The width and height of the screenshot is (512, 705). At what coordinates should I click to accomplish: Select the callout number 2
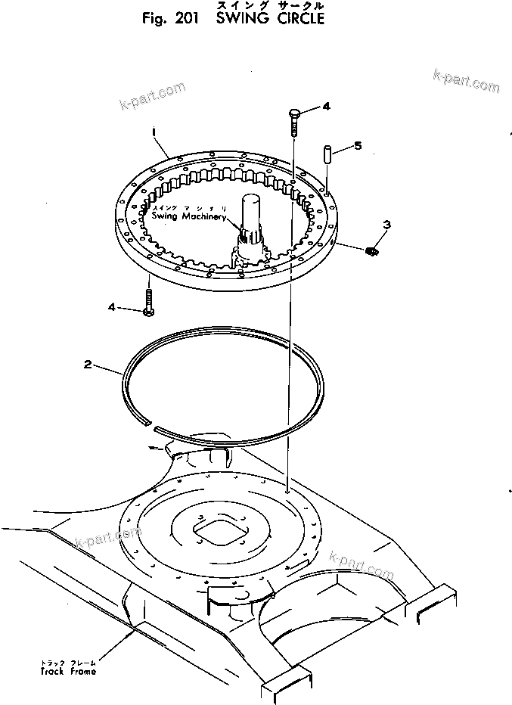click(x=88, y=365)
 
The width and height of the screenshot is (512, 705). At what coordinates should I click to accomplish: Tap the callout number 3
click(x=386, y=224)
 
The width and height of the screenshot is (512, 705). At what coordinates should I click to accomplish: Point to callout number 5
click(x=358, y=144)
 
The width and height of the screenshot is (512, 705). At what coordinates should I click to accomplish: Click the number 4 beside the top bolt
click(x=326, y=107)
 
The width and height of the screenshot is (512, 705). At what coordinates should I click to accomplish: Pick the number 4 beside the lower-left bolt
click(x=112, y=307)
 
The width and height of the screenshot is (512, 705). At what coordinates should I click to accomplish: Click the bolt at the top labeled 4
click(x=293, y=121)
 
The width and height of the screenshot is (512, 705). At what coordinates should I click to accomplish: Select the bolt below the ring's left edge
click(x=149, y=302)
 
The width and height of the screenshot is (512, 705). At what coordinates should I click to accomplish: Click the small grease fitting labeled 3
click(x=371, y=250)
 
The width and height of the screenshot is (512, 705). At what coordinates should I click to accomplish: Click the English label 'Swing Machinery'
click(x=188, y=216)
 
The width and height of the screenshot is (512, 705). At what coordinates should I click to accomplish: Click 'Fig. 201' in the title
click(x=169, y=19)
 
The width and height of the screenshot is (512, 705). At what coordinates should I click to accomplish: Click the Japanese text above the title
click(x=270, y=5)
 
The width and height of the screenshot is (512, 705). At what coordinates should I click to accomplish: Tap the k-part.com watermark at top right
click(x=466, y=80)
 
